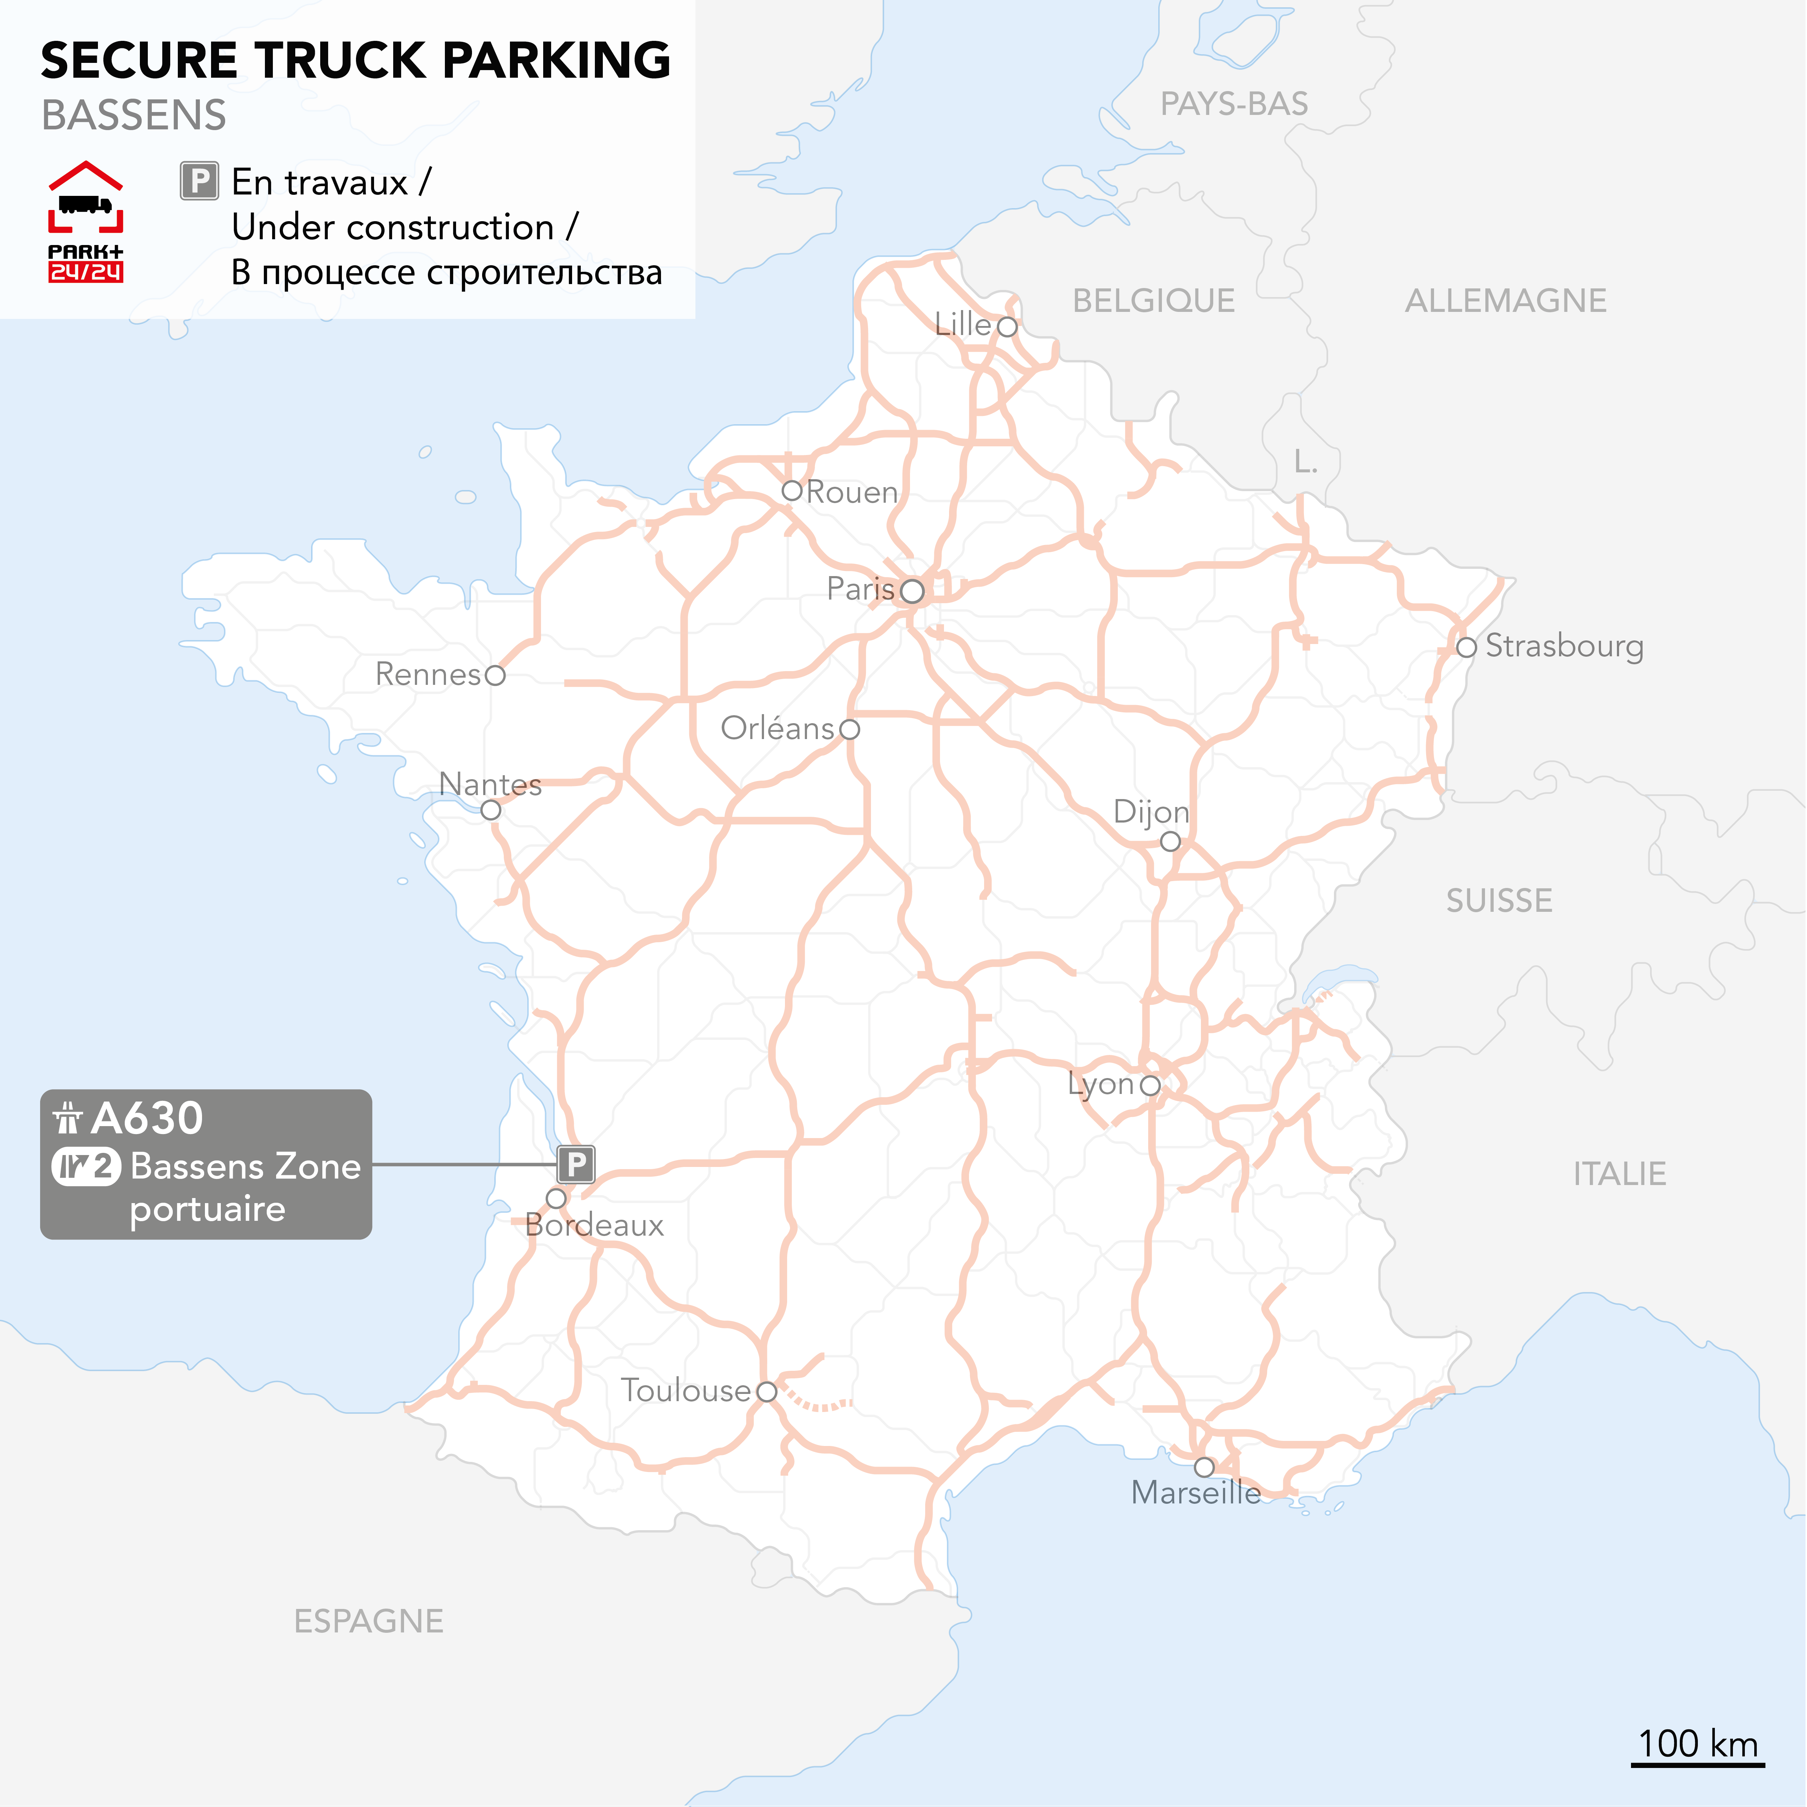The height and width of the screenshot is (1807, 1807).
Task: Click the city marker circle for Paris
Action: (x=912, y=591)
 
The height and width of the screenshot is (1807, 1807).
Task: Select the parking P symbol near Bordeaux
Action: (x=576, y=1164)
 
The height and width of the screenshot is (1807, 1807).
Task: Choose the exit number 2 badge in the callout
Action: (x=86, y=1166)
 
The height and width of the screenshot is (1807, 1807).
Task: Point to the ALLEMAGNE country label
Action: (x=1506, y=301)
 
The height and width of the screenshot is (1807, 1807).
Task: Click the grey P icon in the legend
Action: (x=199, y=181)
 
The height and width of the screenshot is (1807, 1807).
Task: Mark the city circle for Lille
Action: (x=1007, y=326)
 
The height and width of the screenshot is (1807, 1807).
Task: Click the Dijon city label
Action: (x=1151, y=812)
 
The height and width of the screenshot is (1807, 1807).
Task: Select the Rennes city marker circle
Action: (x=496, y=675)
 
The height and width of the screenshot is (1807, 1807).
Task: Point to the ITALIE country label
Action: (x=1620, y=1174)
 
